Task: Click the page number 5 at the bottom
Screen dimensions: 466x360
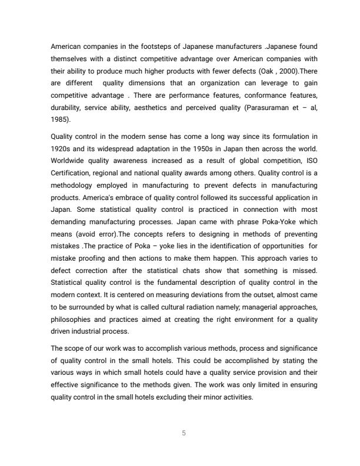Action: (x=184, y=434)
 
